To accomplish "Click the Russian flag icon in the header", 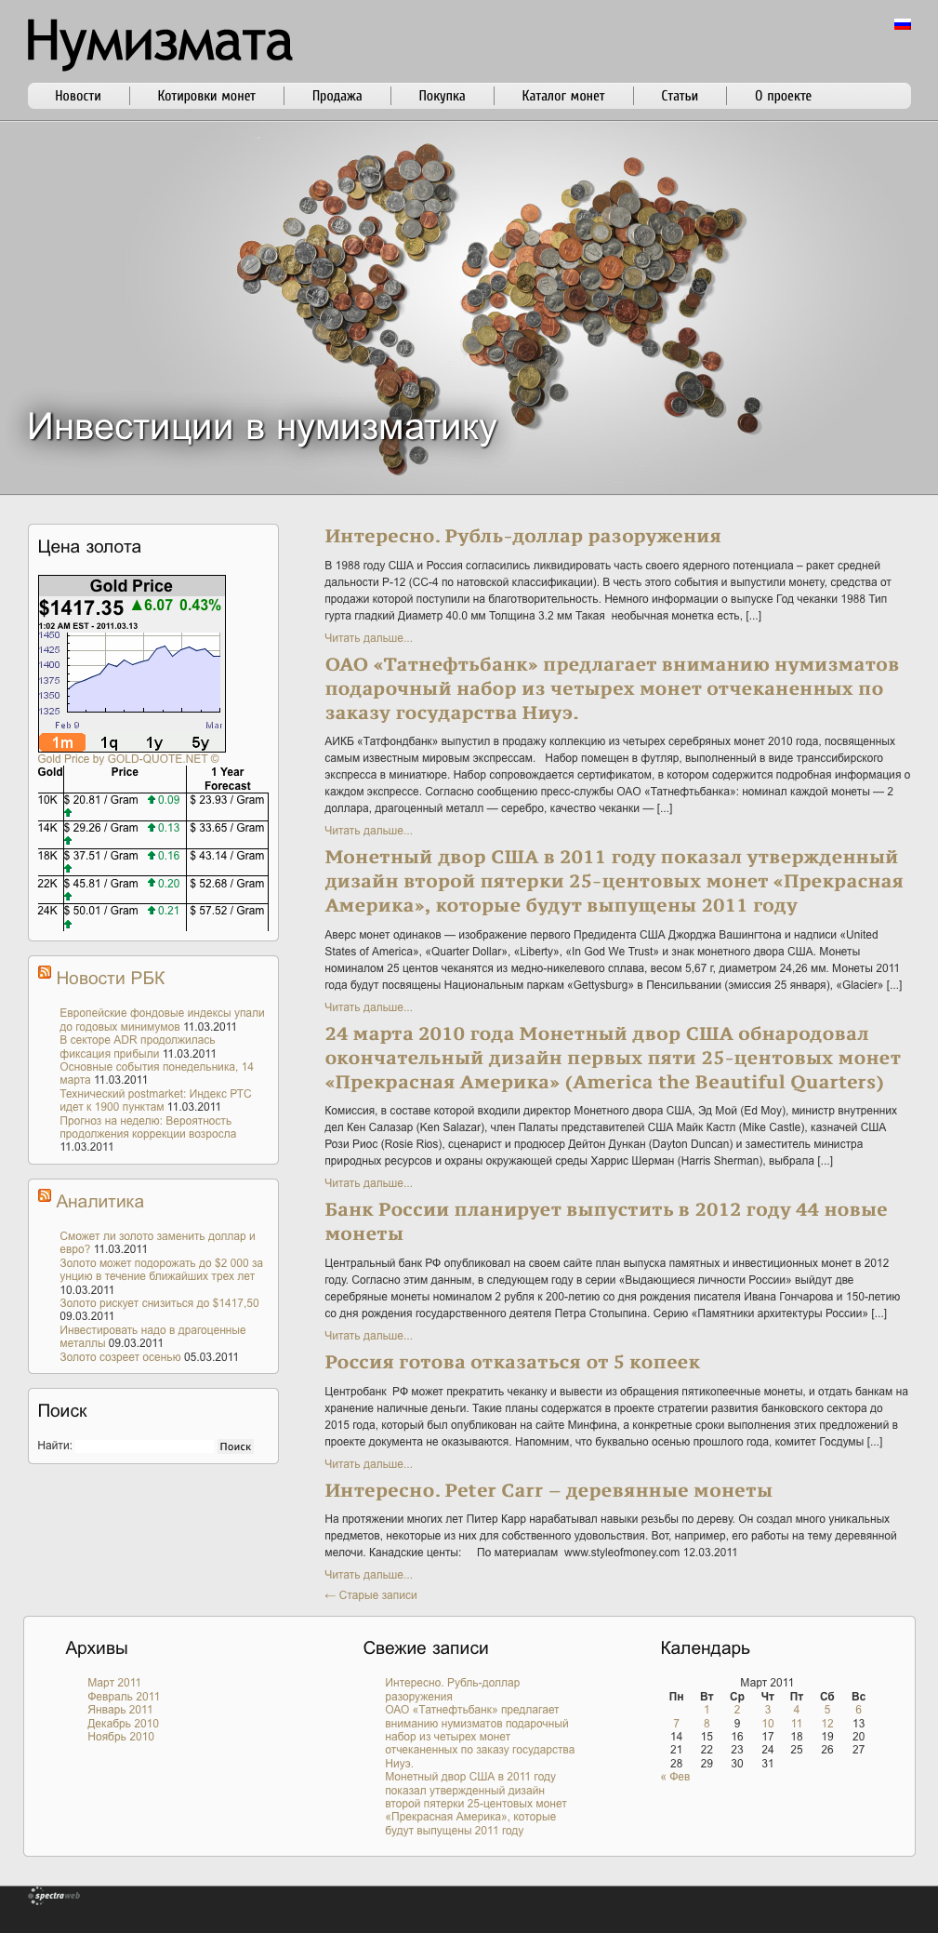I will (x=902, y=24).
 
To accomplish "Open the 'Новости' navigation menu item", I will (x=78, y=96).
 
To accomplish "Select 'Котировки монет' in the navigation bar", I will (x=206, y=96).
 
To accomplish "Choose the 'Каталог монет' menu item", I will (x=562, y=96).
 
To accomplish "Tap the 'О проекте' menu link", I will (x=783, y=96).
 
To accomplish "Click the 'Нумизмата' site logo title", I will (x=159, y=43).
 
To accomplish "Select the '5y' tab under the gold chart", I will (x=200, y=742).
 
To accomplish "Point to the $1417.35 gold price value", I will (x=81, y=607).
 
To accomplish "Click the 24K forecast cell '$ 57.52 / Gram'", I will (x=227, y=911).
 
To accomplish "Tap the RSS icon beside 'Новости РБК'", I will (x=45, y=972).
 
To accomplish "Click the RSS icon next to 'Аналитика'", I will (x=45, y=1195).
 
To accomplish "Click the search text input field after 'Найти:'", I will (x=145, y=1446).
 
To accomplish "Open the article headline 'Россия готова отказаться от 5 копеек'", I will (x=512, y=1362).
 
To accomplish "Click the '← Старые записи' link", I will (x=371, y=1595).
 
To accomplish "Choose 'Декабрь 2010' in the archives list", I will (x=123, y=1724).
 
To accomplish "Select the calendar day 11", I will (x=797, y=1724).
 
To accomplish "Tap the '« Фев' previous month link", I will (x=675, y=1777).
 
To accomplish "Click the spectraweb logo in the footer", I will (x=56, y=1896).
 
